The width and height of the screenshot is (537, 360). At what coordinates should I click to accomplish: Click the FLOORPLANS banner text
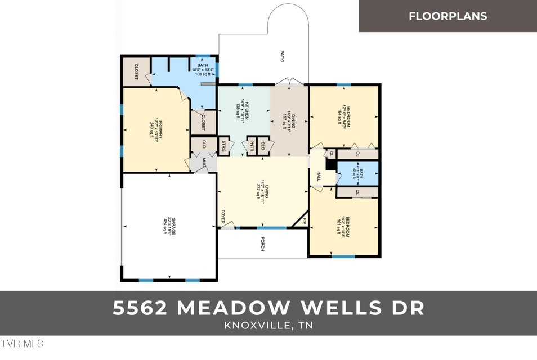coord(447,16)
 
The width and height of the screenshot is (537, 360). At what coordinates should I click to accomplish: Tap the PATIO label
coord(281,56)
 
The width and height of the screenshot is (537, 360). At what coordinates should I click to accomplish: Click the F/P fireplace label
coord(305,220)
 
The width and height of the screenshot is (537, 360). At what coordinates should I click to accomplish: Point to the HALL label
coord(319,176)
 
